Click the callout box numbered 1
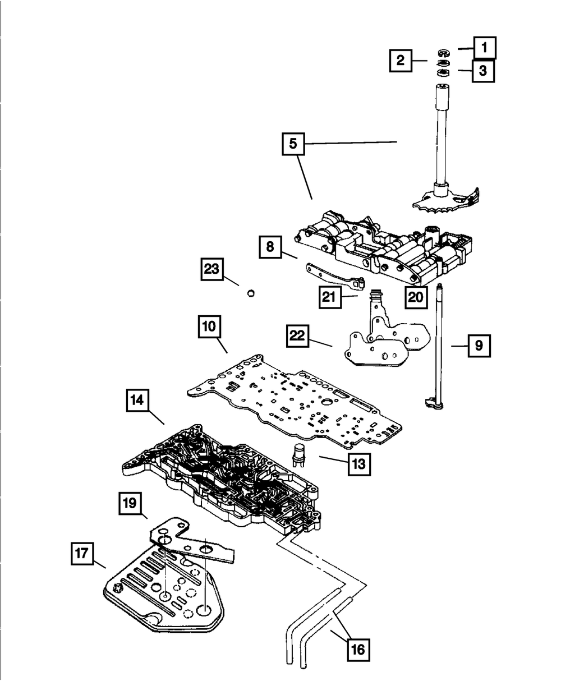pos(484,48)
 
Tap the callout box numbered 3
pos(483,71)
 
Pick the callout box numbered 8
pos(270,247)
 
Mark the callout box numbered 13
pos(359,464)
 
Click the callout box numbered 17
pos(82,554)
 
